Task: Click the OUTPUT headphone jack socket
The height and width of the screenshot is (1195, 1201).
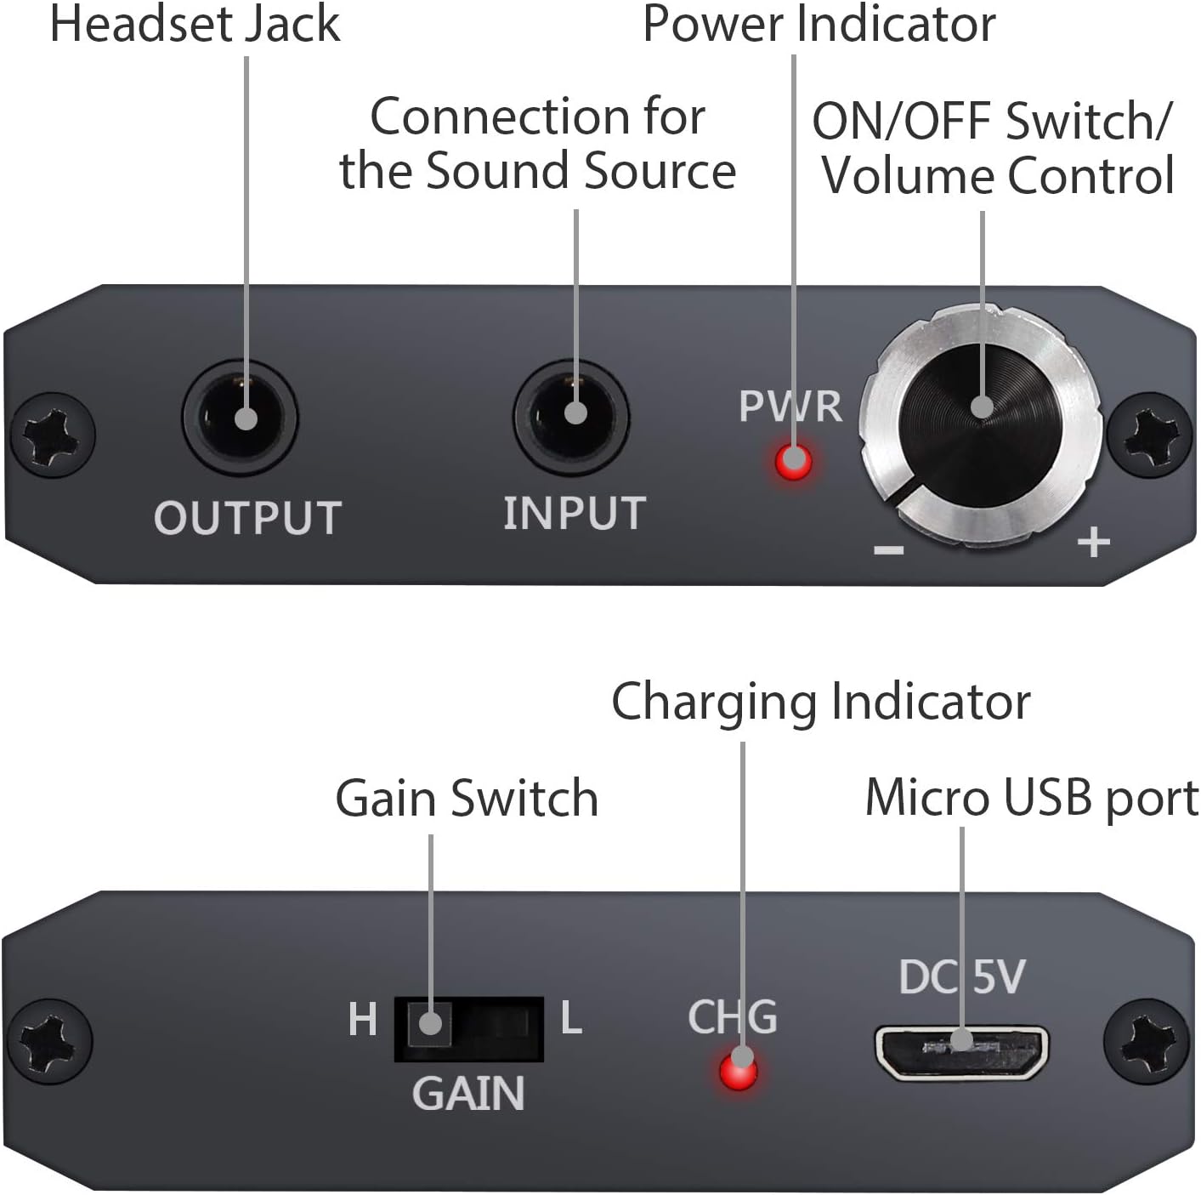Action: pos(240,418)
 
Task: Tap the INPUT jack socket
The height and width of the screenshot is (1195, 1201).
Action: pos(571,416)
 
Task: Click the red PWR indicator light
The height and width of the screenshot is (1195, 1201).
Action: pos(793,462)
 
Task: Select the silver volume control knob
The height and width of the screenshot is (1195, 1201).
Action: pos(980,424)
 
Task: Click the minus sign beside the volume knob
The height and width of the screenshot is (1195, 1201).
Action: pos(889,549)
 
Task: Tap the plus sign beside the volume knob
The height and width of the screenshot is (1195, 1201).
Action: pos(1094,542)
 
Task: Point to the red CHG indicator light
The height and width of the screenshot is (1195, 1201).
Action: pos(738,1072)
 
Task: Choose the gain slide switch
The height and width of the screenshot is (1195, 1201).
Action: pos(468,1030)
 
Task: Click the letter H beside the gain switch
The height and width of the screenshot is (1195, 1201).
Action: pos(362,1020)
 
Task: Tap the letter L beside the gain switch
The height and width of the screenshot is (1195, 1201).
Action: pos(571,1018)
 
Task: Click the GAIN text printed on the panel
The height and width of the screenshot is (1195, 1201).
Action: pos(468,1094)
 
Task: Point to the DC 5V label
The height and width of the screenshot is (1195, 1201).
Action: pos(961,976)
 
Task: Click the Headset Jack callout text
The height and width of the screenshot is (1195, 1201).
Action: pos(195,24)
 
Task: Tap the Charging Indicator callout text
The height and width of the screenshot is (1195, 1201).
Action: pos(821,703)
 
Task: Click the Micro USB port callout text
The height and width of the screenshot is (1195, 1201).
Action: pos(1032,799)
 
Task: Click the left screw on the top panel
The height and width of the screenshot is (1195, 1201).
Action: pos(53,435)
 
